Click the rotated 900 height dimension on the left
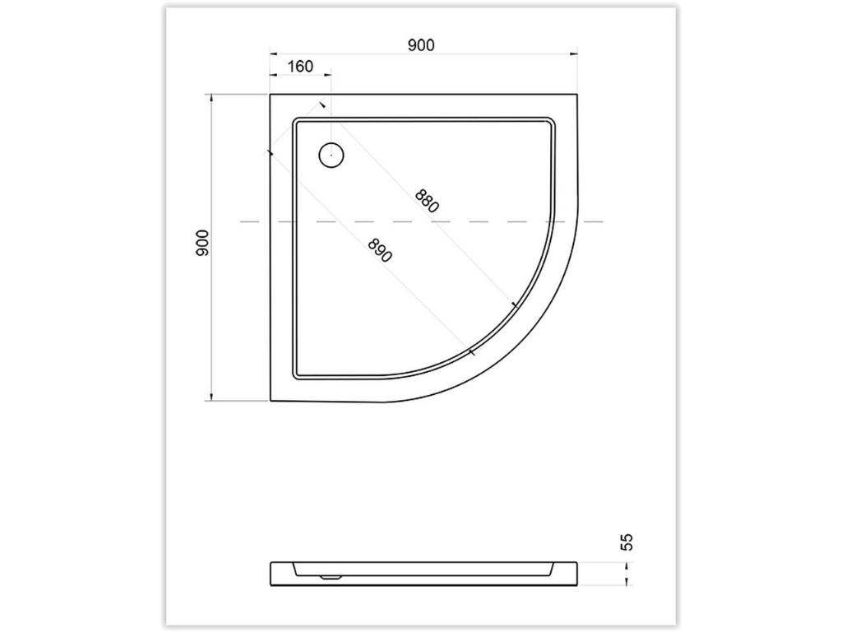click(x=202, y=243)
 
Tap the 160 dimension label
click(x=300, y=66)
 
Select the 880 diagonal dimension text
click(x=428, y=201)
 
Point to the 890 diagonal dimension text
click(x=380, y=250)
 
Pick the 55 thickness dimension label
click(x=627, y=541)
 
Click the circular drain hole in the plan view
click(x=331, y=156)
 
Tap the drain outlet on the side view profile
click(x=331, y=578)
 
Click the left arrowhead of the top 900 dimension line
click(x=273, y=53)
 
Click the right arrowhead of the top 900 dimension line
click(x=573, y=53)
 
